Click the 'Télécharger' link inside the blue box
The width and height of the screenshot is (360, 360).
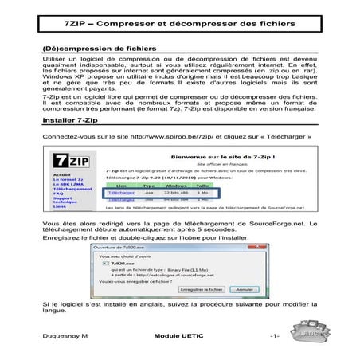(x=118, y=192)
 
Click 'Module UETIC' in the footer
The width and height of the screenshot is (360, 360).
(x=179, y=338)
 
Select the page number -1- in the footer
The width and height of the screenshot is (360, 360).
(x=274, y=338)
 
